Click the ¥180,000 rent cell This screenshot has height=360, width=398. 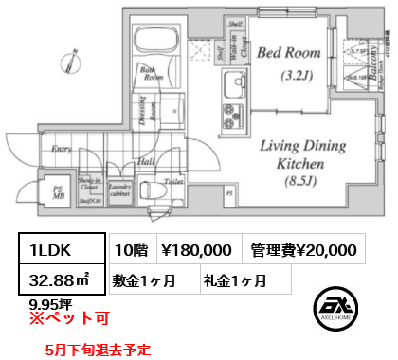(x=194, y=248)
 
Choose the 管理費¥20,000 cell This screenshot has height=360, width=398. (x=304, y=248)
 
